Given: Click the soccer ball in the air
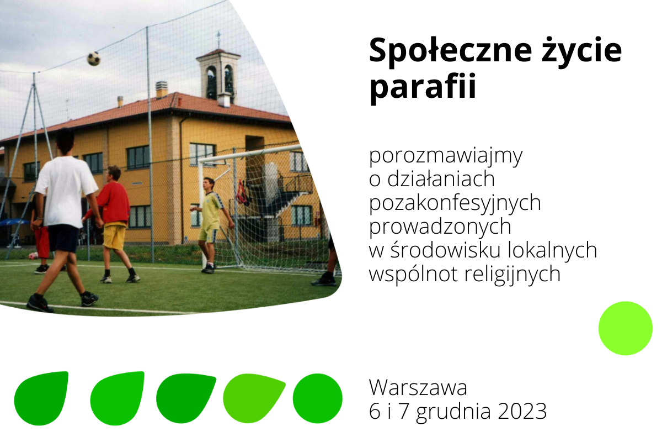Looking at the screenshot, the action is coord(94,59).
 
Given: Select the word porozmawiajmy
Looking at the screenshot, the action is coord(446,156).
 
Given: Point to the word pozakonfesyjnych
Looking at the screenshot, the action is coord(455,204).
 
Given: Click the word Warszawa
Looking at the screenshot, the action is coord(418,387).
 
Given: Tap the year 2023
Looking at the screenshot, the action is coord(522,411).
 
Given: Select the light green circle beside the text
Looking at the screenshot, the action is coord(626,328).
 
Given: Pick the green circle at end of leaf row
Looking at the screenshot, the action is coord(317,398).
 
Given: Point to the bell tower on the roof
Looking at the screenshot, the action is coord(219,76).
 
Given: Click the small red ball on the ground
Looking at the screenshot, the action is coord(33,256).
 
